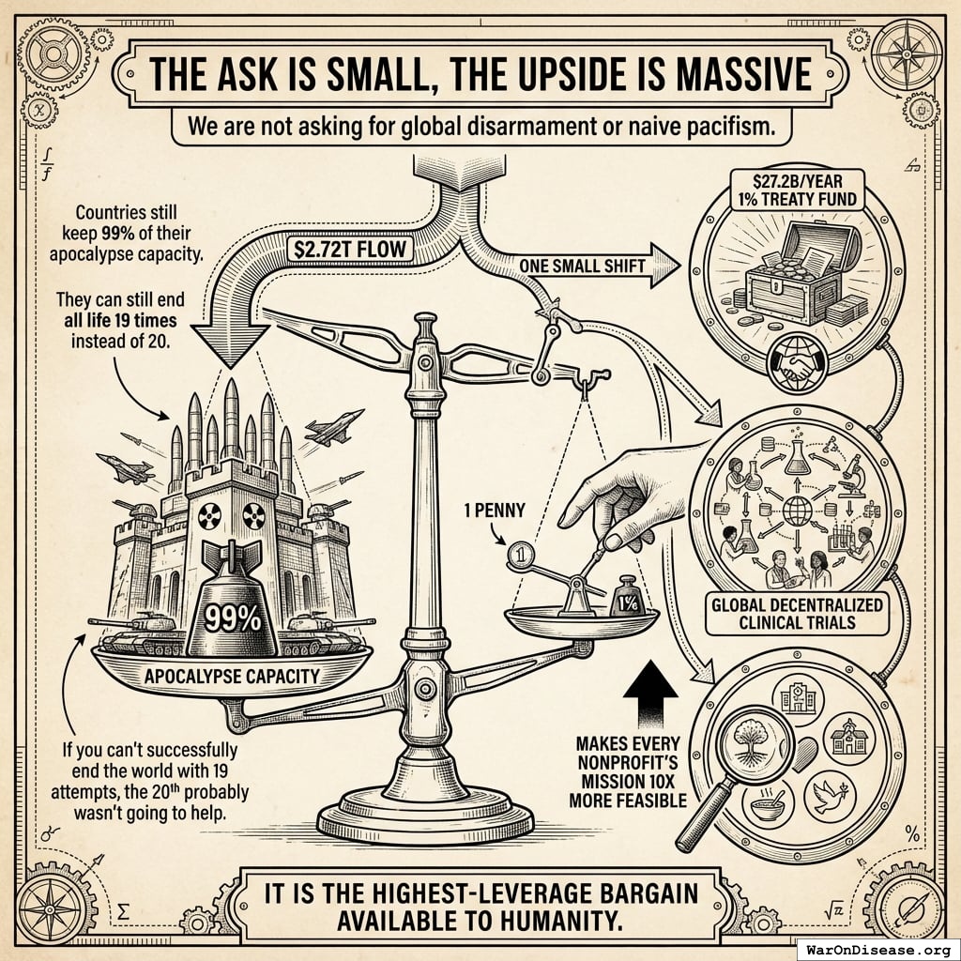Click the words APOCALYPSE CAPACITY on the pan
[x=232, y=676]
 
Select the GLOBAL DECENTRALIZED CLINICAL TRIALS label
[x=797, y=614]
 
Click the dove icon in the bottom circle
[x=830, y=796]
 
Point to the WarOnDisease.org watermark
[x=878, y=950]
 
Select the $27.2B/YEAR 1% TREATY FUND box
[x=797, y=190]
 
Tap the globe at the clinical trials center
[x=797, y=510]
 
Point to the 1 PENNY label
[x=495, y=510]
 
